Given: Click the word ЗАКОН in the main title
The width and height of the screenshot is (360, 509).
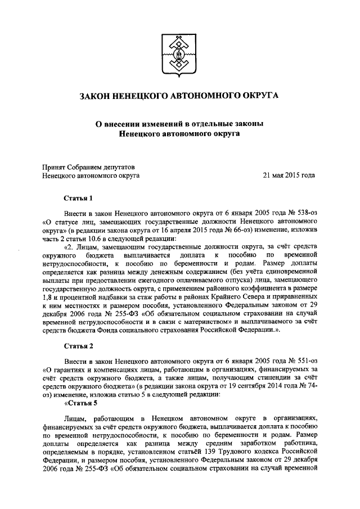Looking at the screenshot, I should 99,96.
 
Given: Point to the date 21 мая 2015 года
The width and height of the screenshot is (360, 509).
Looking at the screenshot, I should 289,175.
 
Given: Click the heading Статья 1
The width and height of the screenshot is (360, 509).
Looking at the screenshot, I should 78,198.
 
